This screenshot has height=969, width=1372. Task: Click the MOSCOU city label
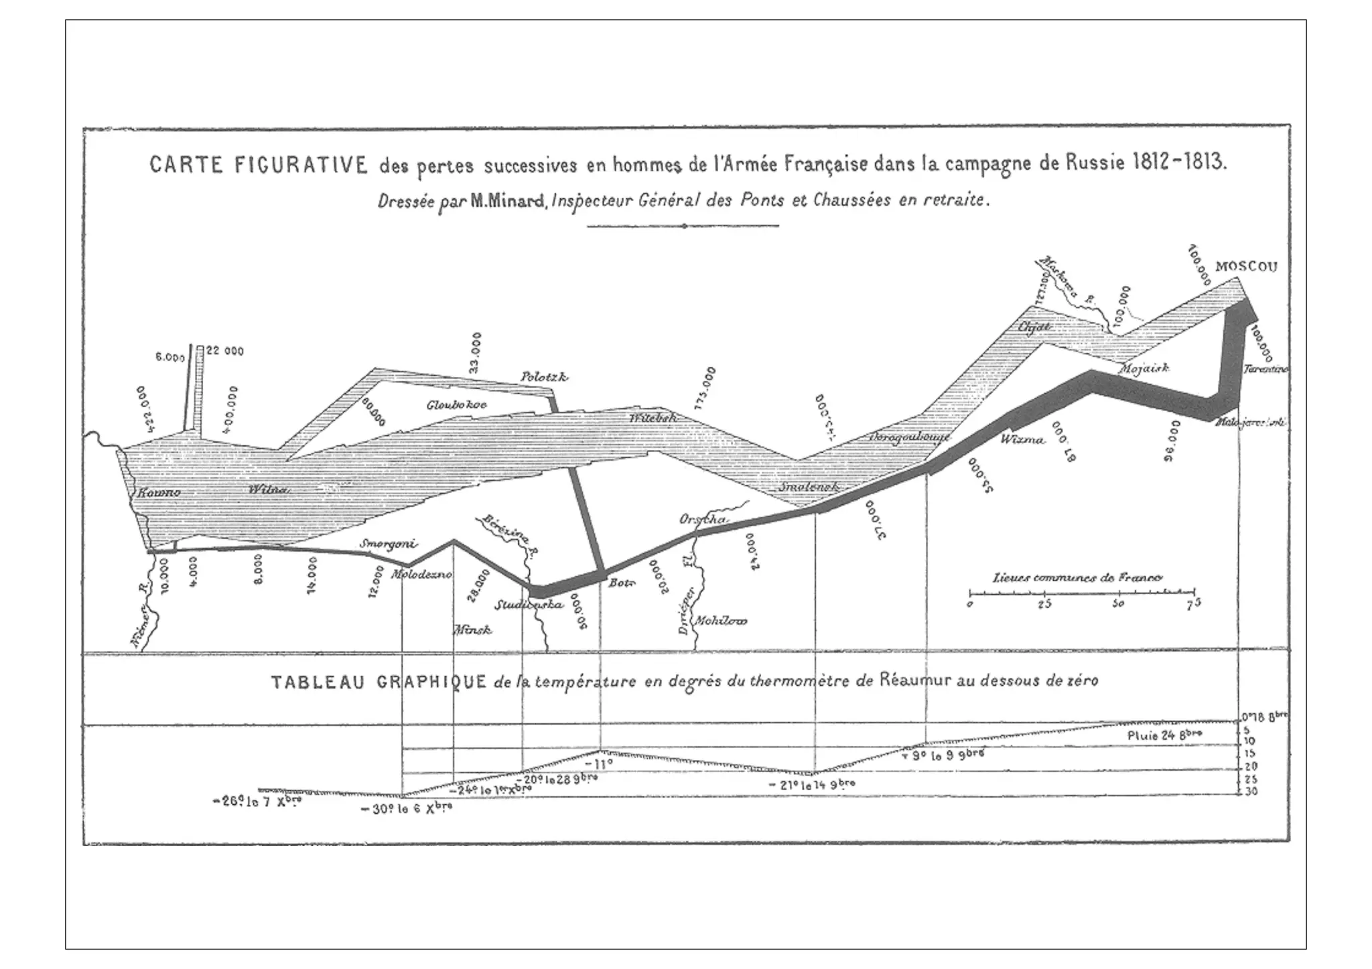[1246, 267]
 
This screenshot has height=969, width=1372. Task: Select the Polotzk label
[544, 378]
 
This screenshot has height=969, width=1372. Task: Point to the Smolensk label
[809, 487]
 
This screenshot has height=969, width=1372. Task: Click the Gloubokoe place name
[456, 404]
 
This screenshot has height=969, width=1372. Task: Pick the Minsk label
[473, 629]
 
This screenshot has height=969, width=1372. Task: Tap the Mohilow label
[720, 621]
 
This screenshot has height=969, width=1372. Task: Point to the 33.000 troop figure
[475, 352]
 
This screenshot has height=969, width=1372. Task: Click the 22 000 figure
[224, 350]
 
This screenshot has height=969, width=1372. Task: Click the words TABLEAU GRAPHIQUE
[379, 682]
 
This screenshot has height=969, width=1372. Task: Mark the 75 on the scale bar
[1194, 603]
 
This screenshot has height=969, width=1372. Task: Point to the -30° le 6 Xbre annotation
[406, 808]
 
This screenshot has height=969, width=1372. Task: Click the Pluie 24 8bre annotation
[1164, 735]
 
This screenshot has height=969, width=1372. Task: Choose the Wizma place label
[1022, 440]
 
